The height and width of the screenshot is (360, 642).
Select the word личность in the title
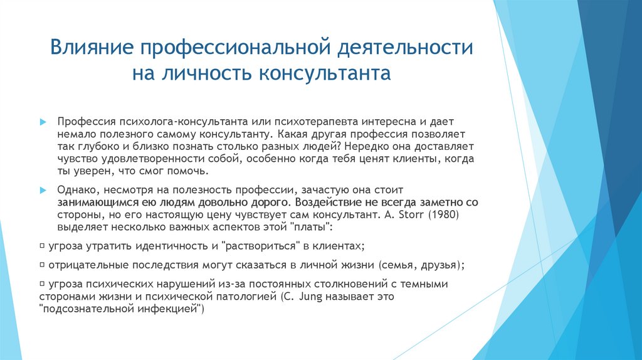coord(206,73)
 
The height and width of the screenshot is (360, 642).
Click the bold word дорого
coord(272,202)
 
